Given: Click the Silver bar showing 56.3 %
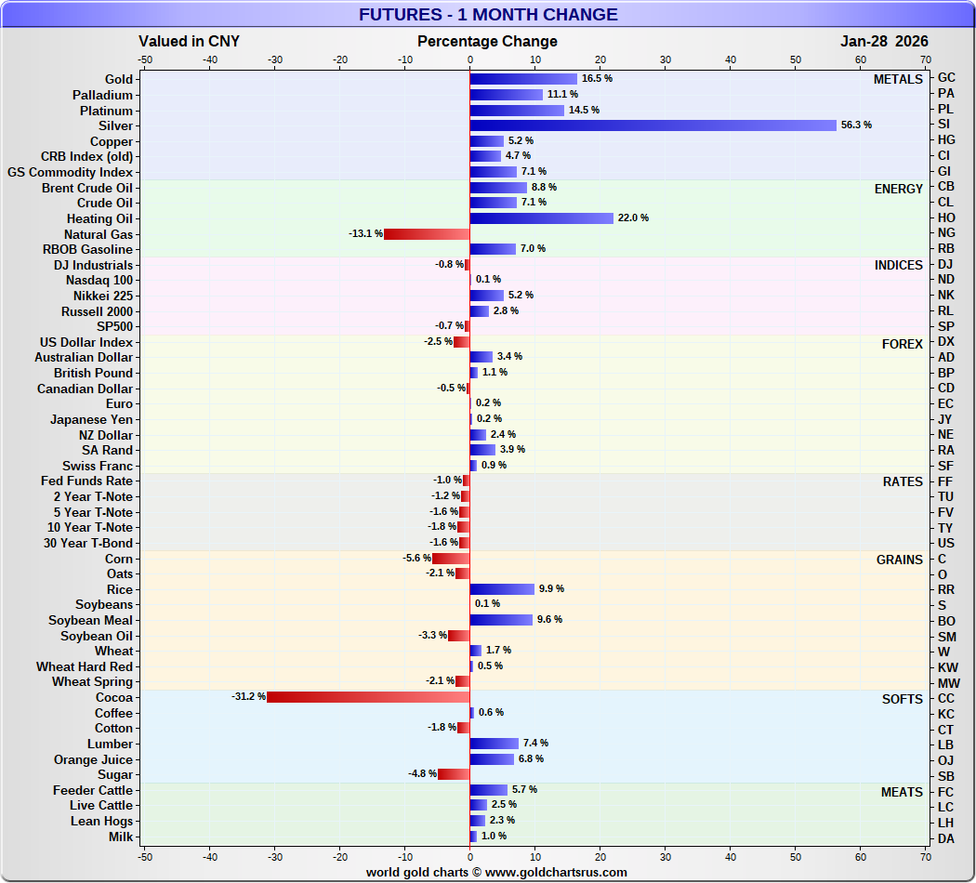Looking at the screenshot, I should pyautogui.click(x=653, y=125).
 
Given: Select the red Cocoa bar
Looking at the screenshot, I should pyautogui.click(x=368, y=697).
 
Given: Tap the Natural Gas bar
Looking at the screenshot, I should pyautogui.click(x=427, y=233).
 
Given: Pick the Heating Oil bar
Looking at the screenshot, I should pyautogui.click(x=541, y=218).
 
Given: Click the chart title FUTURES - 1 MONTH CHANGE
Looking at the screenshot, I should pyautogui.click(x=488, y=15).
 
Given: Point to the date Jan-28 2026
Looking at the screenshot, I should pyautogui.click(x=884, y=41).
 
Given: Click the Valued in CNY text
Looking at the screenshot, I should pyautogui.click(x=189, y=41).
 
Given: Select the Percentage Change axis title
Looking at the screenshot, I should pyautogui.click(x=487, y=41).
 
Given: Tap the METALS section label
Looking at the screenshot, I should pyautogui.click(x=898, y=80).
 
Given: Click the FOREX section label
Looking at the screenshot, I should pyautogui.click(x=902, y=344).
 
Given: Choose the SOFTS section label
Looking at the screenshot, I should pyautogui.click(x=902, y=699).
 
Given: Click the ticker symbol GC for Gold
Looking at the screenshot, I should pyautogui.click(x=946, y=78).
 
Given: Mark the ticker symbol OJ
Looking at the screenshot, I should pyautogui.click(x=946, y=760).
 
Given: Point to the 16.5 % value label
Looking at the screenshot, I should pyautogui.click(x=597, y=79).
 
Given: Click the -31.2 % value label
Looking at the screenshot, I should pyautogui.click(x=249, y=697).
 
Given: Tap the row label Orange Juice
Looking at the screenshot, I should pyautogui.click(x=93, y=759).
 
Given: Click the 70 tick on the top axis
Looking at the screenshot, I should pyautogui.click(x=925, y=59).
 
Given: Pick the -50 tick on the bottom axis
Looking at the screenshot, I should pyautogui.click(x=145, y=856).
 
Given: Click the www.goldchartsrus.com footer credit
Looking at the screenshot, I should pyautogui.click(x=495, y=872).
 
